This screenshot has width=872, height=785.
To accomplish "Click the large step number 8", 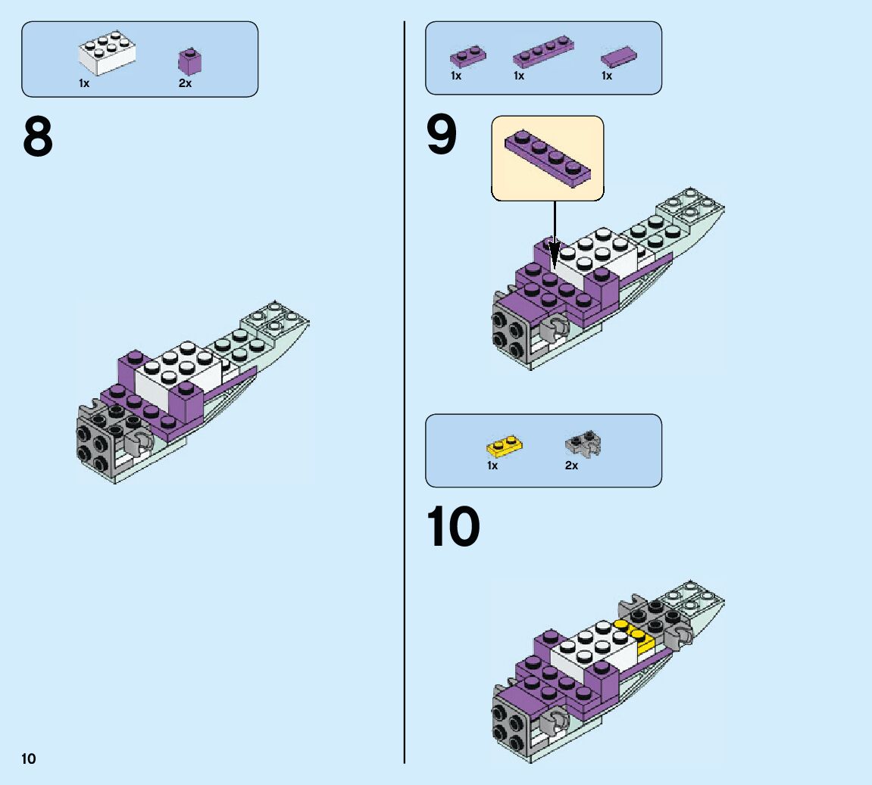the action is pyautogui.click(x=38, y=137).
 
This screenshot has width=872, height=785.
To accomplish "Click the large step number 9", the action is pyautogui.click(x=442, y=135).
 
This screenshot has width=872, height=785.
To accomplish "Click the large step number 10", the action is pyautogui.click(x=453, y=526).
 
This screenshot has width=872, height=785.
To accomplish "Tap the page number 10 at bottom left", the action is pyautogui.click(x=28, y=759).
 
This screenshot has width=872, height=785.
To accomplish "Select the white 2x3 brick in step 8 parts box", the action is pyautogui.click(x=108, y=53).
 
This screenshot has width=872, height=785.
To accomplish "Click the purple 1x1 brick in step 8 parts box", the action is pyautogui.click(x=189, y=61).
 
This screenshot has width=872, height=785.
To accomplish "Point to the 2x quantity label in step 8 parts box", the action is pyautogui.click(x=185, y=83).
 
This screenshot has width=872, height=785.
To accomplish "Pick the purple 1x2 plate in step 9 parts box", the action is pyautogui.click(x=467, y=57).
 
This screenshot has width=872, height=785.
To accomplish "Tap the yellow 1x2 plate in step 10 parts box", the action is pyautogui.click(x=505, y=446).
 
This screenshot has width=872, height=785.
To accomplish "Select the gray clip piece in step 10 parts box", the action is pyautogui.click(x=583, y=443).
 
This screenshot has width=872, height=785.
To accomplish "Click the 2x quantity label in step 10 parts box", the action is pyautogui.click(x=572, y=466).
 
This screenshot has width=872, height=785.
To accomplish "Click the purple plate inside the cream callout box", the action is pyautogui.click(x=548, y=157).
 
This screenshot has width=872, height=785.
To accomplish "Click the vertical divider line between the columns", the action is pyautogui.click(x=405, y=392).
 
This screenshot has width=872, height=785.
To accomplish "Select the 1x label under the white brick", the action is pyautogui.click(x=84, y=83).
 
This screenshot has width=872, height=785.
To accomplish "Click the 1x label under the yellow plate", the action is pyautogui.click(x=492, y=466).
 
